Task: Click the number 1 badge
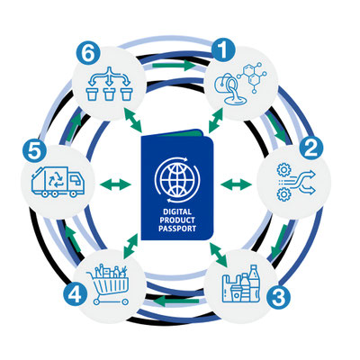click(224, 51)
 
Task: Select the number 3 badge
click(279, 297)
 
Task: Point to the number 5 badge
click(34, 151)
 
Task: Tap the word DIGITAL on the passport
click(177, 212)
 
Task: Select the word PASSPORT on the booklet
click(177, 229)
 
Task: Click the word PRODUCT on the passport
click(177, 220)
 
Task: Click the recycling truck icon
click(58, 182)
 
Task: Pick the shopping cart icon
click(108, 284)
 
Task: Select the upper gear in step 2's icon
click(283, 170)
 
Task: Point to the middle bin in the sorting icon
click(109, 94)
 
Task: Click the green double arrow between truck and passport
click(115, 184)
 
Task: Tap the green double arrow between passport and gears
click(236, 184)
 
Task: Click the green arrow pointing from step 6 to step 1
click(174, 65)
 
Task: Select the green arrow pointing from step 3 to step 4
click(177, 301)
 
